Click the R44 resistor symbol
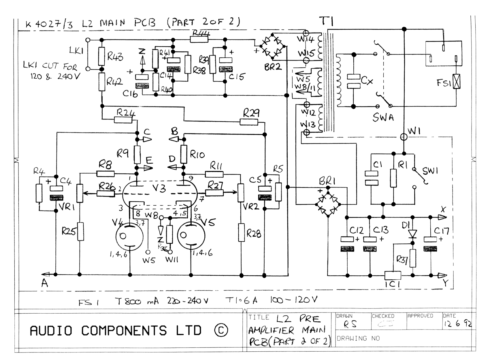coord(199,39)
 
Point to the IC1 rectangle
coord(393,275)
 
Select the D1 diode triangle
coord(413,234)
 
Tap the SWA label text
coord(383,117)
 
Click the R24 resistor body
coord(123,120)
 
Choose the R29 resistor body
coord(249,122)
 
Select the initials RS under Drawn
coord(350,325)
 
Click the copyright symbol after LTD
coord(221,331)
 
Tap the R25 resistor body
coord(80,232)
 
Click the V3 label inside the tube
coord(159,188)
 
